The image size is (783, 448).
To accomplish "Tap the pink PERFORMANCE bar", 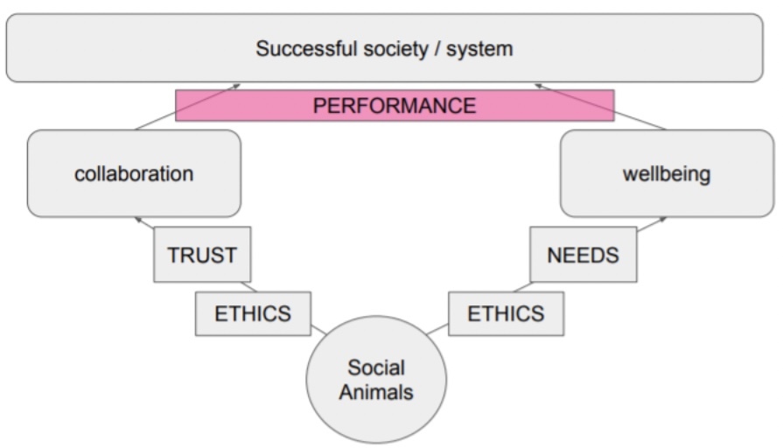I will [x=395, y=106].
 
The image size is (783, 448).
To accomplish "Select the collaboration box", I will [x=134, y=173].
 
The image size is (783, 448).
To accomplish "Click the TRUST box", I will [x=202, y=255].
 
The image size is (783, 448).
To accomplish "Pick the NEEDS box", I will [x=583, y=255].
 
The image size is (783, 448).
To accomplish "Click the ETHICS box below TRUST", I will [x=253, y=313].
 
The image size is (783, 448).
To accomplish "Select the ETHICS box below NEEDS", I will [x=506, y=313].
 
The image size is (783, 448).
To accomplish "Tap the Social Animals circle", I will [x=375, y=381].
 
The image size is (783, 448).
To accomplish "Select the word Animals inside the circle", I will [x=375, y=392].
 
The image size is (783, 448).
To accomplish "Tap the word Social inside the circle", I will [x=375, y=368].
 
